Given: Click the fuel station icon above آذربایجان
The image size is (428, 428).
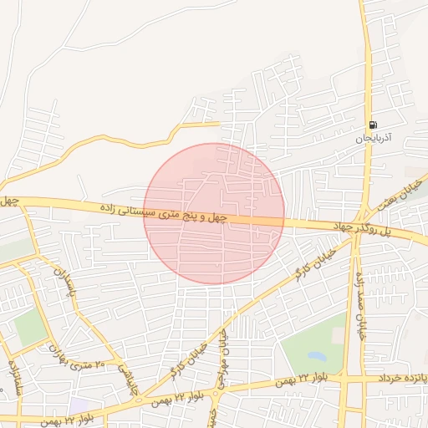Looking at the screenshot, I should [372, 125].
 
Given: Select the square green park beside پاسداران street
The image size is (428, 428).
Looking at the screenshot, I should [30, 327].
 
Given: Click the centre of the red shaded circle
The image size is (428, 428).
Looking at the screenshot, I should [214, 214].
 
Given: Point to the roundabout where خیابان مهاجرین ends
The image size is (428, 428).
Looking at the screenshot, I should [217, 390].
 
